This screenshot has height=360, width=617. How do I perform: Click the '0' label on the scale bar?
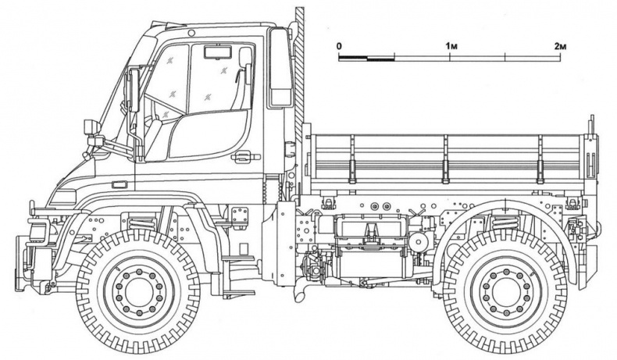340,46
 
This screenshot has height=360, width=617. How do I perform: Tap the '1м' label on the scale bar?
451,46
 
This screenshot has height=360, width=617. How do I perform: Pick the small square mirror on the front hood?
90,127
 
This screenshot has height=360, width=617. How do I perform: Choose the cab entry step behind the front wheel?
230,258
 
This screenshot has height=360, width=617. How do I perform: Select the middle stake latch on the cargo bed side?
445,156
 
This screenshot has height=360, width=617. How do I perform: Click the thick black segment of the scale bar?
381,58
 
